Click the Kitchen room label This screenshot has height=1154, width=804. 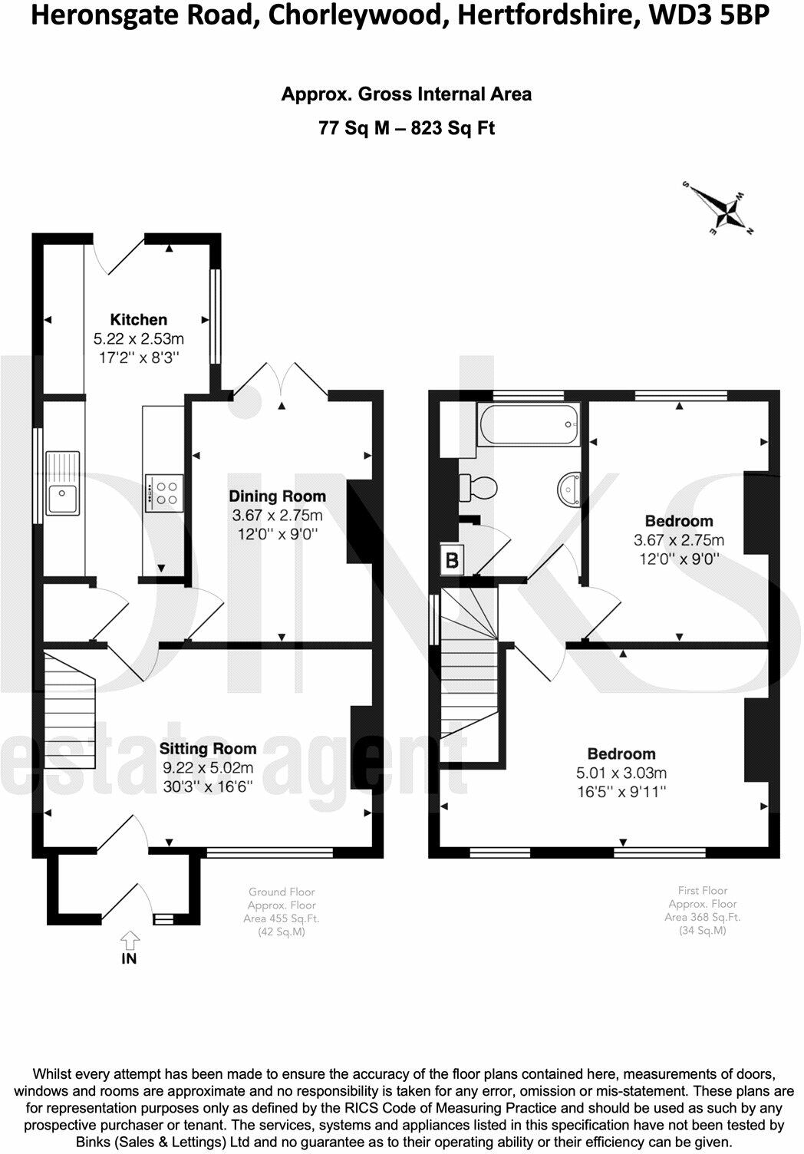pyautogui.click(x=139, y=319)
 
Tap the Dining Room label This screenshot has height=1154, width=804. pyautogui.click(x=277, y=496)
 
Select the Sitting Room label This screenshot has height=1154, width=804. pyautogui.click(x=208, y=749)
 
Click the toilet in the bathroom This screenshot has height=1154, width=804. pyautogui.click(x=478, y=487)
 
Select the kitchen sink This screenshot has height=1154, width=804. pyautogui.click(x=63, y=483)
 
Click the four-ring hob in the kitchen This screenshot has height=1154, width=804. pyautogui.click(x=163, y=493)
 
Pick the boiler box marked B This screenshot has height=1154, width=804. pyautogui.click(x=452, y=559)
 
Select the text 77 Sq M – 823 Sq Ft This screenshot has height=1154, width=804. pyautogui.click(x=407, y=127)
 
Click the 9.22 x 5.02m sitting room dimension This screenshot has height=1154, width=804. pyautogui.click(x=208, y=767)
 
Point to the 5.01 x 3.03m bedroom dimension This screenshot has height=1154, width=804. pyautogui.click(x=621, y=773)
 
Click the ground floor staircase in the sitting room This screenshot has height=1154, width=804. pyautogui.click(x=70, y=711)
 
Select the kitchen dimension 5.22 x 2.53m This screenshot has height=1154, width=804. pyautogui.click(x=139, y=339)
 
